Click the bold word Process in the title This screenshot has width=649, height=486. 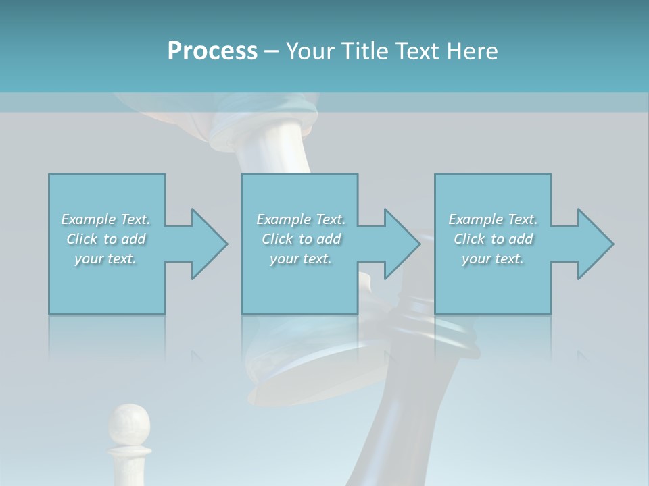tap(212, 51)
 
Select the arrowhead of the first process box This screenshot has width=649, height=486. tap(209, 244)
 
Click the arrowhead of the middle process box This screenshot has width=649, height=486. tap(402, 244)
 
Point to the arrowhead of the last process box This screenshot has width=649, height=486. tap(595, 244)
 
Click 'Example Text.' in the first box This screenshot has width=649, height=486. tap(105, 219)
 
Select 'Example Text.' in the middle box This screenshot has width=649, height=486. tap(301, 219)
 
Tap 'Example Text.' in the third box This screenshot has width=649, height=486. tap(493, 219)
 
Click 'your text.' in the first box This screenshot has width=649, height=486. tap(105, 259)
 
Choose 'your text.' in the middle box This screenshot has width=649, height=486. tap(301, 259)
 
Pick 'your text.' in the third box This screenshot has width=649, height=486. tap(493, 259)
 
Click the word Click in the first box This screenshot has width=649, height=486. tap(82, 239)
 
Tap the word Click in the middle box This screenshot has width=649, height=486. tap(277, 239)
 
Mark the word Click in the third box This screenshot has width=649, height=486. tap(469, 239)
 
